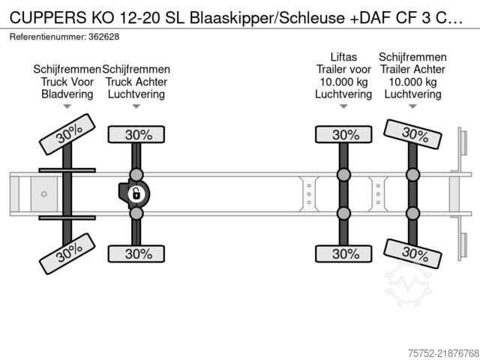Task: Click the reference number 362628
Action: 103,37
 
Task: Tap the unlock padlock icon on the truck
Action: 136,193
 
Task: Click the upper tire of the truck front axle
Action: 67,134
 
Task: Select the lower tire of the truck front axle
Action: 67,253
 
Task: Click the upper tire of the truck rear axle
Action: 136,134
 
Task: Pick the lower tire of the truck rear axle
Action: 136,253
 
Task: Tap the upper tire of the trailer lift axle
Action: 343,134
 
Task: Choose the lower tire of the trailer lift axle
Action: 343,253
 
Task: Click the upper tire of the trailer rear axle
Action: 412,134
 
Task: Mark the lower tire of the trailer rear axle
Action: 412,253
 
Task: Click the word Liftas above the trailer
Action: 343,57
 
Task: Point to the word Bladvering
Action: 67,94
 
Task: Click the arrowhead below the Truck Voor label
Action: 67,106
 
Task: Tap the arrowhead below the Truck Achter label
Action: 136,106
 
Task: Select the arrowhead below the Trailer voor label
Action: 343,106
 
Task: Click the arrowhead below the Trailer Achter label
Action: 412,106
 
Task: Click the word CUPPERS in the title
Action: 48,18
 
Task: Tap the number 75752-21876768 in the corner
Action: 443,353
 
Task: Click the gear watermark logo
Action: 408,283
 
